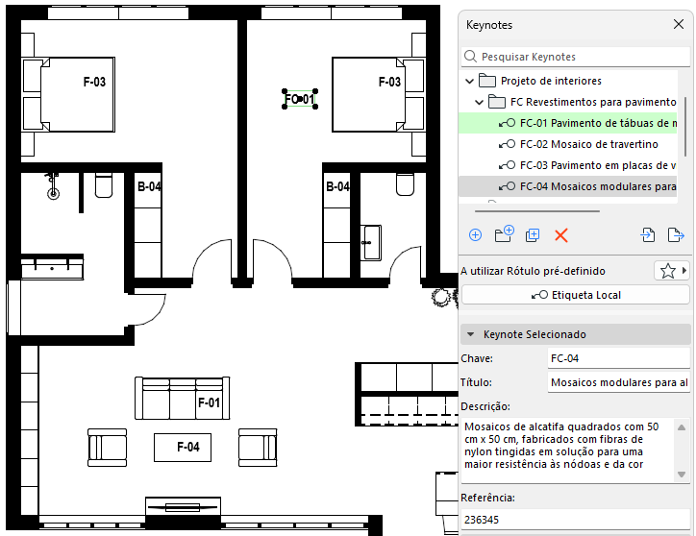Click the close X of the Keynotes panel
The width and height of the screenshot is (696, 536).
click(679, 24)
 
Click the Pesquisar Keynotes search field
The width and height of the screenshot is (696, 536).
click(576, 57)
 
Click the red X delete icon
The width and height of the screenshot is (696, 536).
click(561, 235)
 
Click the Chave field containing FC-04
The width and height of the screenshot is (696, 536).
click(619, 358)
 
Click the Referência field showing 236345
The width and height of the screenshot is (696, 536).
click(576, 520)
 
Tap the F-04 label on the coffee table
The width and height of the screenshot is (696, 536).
click(188, 447)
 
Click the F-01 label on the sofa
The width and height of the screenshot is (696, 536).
click(209, 402)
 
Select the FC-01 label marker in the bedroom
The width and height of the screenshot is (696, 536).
click(300, 99)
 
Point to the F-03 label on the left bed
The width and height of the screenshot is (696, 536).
click(94, 82)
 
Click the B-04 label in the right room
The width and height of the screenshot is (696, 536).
click(337, 186)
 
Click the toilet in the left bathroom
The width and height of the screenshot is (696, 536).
click(104, 185)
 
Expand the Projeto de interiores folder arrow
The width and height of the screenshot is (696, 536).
click(469, 82)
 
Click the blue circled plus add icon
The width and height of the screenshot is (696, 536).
click(476, 235)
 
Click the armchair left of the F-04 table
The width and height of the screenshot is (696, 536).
click(107, 448)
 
